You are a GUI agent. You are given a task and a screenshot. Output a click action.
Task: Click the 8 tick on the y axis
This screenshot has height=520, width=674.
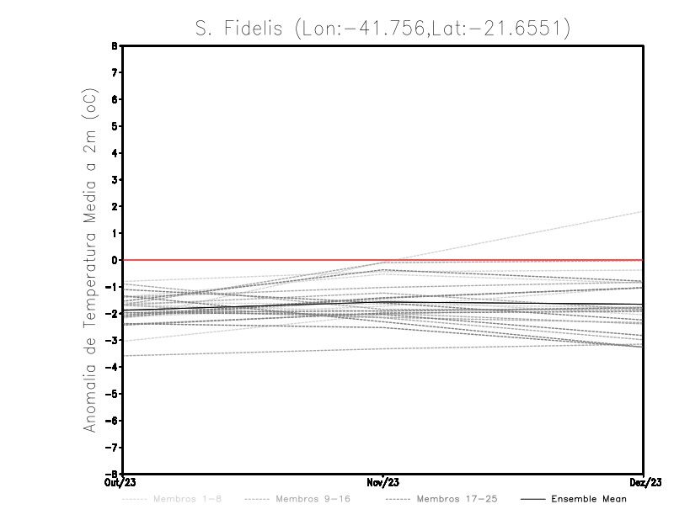(116, 46)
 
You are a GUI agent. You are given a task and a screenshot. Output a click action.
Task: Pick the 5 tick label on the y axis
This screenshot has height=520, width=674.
(116, 126)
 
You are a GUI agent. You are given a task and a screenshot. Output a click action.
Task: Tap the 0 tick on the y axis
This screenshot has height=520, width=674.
(116, 260)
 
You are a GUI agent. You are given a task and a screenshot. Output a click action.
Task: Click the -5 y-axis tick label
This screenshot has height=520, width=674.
(114, 394)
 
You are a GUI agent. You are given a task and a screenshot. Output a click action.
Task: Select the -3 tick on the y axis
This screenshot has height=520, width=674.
(114, 340)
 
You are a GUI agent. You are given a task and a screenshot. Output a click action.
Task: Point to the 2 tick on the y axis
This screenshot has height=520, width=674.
(116, 206)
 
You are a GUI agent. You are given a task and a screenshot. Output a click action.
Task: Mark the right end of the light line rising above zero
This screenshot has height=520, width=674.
(643, 212)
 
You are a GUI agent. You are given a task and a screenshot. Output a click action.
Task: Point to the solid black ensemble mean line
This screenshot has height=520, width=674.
(505, 302)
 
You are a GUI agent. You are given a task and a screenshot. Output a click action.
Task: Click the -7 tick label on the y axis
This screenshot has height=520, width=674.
(114, 447)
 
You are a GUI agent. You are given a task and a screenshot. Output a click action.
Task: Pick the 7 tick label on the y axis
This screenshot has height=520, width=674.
(116, 72)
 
